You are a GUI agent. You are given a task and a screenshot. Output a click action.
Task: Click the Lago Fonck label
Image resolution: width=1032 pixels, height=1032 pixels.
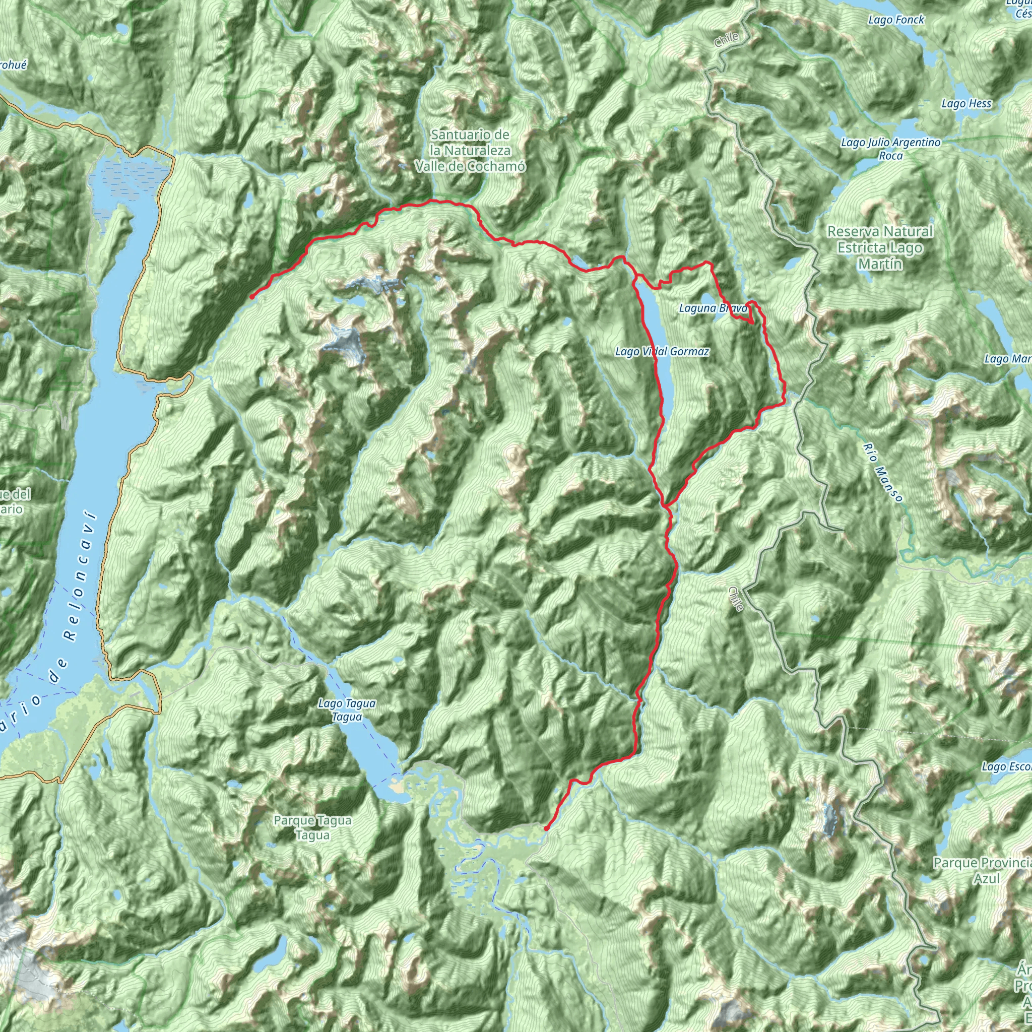tap(896, 20)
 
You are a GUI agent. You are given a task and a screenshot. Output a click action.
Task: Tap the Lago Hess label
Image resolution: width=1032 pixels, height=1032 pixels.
tap(966, 104)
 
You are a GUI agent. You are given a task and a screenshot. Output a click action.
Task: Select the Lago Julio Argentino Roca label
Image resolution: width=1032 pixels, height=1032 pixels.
tap(890, 149)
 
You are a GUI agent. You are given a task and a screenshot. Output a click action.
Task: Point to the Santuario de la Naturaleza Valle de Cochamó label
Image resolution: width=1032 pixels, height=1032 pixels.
tap(470, 151)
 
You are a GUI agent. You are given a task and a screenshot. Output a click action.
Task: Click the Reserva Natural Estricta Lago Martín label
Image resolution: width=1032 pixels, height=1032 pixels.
tap(880, 248)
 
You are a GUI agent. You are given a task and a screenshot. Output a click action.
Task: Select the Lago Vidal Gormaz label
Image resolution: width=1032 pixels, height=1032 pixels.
tap(662, 352)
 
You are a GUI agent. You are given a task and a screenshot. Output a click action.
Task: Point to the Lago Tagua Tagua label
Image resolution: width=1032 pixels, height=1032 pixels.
tap(347, 711)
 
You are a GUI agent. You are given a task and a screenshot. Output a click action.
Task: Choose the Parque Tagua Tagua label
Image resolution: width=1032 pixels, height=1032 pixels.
tap(312, 827)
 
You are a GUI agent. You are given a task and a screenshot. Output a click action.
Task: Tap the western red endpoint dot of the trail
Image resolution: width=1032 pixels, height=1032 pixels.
tap(251, 296)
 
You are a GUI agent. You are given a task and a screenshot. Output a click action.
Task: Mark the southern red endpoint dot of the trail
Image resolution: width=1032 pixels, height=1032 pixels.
tap(546, 828)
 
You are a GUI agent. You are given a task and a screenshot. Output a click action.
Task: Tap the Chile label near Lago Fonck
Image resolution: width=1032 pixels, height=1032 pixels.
tap(727, 39)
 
